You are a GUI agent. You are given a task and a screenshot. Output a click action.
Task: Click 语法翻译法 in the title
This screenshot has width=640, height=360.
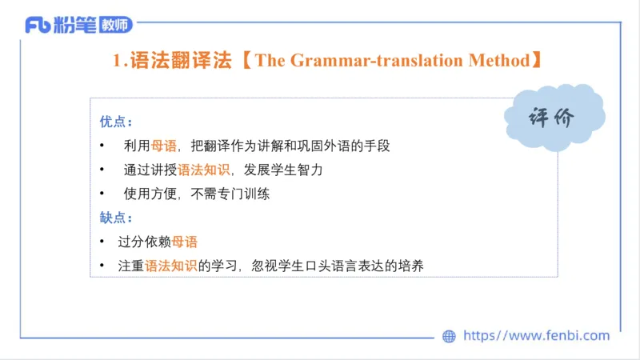[x=180, y=61]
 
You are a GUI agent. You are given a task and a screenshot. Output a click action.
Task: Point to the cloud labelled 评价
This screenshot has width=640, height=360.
[x=554, y=118]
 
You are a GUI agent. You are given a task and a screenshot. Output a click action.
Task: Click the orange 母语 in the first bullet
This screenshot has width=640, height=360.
[x=164, y=146]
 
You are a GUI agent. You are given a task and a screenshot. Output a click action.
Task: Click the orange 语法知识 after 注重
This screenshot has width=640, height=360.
[x=171, y=266]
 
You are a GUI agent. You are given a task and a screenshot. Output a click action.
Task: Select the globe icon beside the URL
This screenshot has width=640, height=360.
[x=449, y=336]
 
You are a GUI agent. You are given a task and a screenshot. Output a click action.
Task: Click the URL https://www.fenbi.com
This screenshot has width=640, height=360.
[x=536, y=336]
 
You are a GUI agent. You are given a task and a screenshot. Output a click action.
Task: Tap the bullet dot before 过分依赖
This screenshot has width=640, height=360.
[x=102, y=242]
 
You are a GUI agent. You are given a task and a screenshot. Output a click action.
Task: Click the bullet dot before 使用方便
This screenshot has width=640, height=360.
[x=102, y=194]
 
